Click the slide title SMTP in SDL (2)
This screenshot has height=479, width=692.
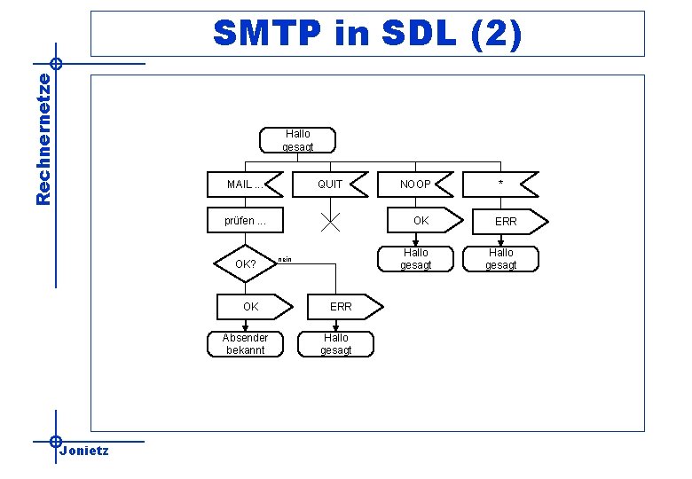click(368, 34)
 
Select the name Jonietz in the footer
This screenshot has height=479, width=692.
click(84, 451)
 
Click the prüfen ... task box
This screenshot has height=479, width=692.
click(244, 221)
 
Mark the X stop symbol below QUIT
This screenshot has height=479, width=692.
click(330, 221)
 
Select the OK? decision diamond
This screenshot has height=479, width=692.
click(245, 264)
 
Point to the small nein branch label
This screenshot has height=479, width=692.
click(284, 260)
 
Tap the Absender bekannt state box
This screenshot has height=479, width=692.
click(245, 343)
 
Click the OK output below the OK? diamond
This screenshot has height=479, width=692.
click(253, 307)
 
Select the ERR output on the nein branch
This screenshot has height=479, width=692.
click(341, 307)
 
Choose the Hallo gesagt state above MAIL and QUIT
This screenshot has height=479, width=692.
click(296, 140)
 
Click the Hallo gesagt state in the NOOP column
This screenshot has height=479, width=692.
click(415, 258)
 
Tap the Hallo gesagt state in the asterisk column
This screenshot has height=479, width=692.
click(500, 258)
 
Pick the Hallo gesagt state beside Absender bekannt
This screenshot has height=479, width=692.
click(336, 343)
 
